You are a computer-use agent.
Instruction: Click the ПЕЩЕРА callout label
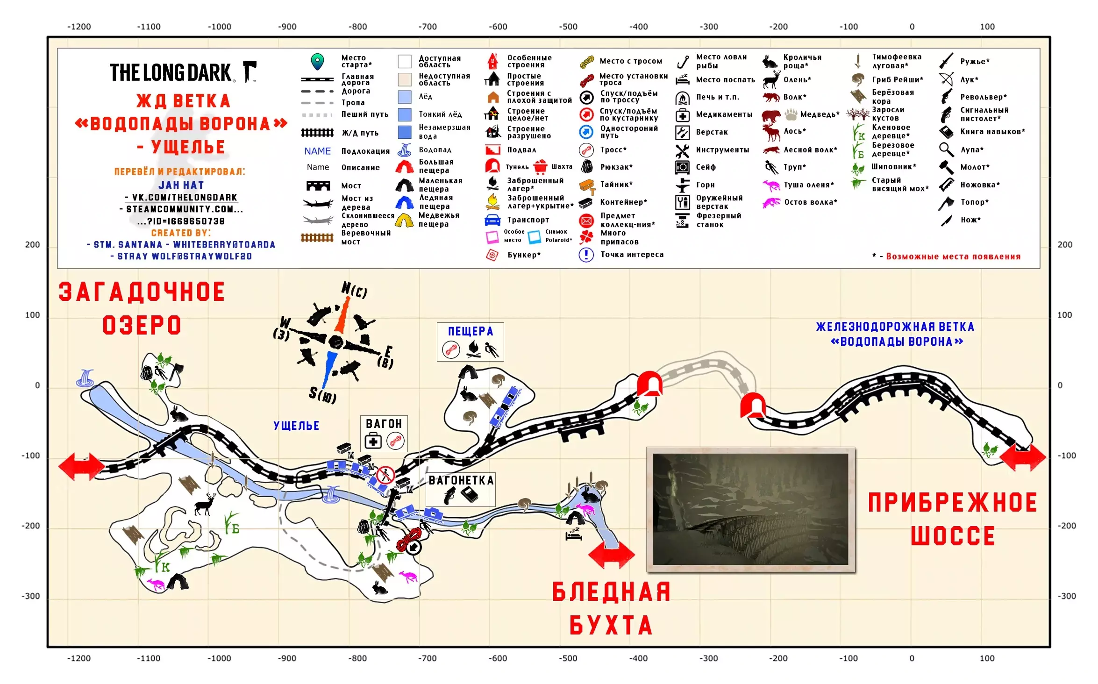click(471, 331)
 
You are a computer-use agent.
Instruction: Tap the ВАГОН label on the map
click(384, 424)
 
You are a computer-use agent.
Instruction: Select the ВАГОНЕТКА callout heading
click(461, 480)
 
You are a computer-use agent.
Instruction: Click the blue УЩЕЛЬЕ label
click(296, 426)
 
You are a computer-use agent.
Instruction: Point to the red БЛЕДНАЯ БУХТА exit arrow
click(612, 554)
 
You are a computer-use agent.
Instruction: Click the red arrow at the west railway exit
click(82, 466)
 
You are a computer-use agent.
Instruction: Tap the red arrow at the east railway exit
click(1023, 457)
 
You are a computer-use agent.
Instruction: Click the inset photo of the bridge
click(750, 509)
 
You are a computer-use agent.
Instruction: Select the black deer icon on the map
click(206, 504)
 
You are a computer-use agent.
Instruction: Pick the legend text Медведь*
click(820, 114)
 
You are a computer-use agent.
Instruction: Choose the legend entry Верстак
click(712, 132)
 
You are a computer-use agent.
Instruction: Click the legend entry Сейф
click(706, 167)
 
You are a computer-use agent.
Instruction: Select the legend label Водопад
click(435, 150)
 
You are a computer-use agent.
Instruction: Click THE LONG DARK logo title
click(171, 72)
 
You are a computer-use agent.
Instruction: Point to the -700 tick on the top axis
click(428, 27)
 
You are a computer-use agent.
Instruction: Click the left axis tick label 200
click(32, 245)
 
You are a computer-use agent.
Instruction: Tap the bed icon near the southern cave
click(573, 534)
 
